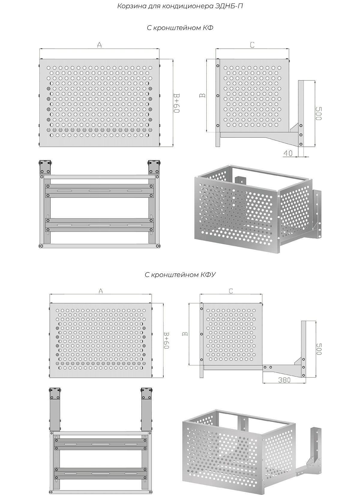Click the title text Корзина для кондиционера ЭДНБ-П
(x=180, y=6)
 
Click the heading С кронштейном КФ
(x=180, y=28)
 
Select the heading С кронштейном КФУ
(x=180, y=275)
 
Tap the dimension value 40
(x=288, y=153)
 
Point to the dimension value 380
(x=284, y=380)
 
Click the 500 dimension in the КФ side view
(x=319, y=114)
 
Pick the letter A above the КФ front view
(x=99, y=45)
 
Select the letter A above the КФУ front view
(x=100, y=291)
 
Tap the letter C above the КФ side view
(x=252, y=45)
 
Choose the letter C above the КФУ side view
(x=231, y=291)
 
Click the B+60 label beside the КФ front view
(x=176, y=103)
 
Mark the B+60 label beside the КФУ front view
(x=166, y=340)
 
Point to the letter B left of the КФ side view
(x=203, y=95)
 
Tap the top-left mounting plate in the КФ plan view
(x=45, y=167)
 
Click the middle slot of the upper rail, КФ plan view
(x=99, y=191)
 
